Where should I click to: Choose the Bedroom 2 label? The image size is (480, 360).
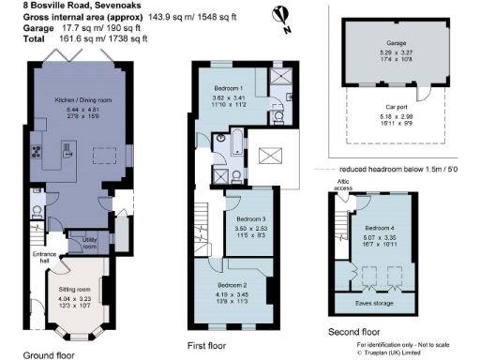(x=232, y=284)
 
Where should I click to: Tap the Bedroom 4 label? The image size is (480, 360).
(x=380, y=228)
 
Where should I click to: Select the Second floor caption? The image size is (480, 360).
(x=354, y=333)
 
